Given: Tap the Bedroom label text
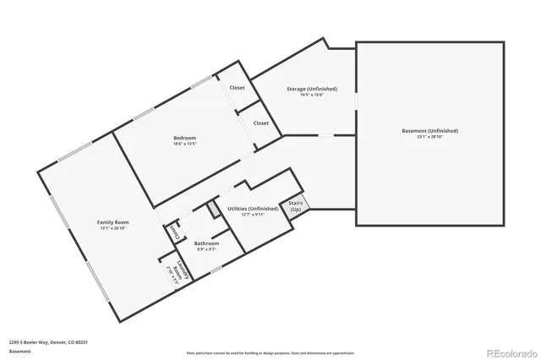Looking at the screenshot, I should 185,138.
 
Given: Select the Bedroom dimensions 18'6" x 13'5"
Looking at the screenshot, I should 185,145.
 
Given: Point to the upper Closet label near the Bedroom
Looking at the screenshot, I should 238,88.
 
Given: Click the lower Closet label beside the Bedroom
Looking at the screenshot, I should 261,123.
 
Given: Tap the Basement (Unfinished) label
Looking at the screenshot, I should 429,131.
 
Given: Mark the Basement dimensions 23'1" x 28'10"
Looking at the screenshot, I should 429,138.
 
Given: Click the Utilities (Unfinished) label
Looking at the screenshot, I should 253,208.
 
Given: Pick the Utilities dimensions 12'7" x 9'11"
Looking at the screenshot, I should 253,215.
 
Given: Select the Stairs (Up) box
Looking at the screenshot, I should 296,205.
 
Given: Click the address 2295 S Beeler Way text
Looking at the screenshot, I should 48,342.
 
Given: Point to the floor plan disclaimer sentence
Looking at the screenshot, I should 270,352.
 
